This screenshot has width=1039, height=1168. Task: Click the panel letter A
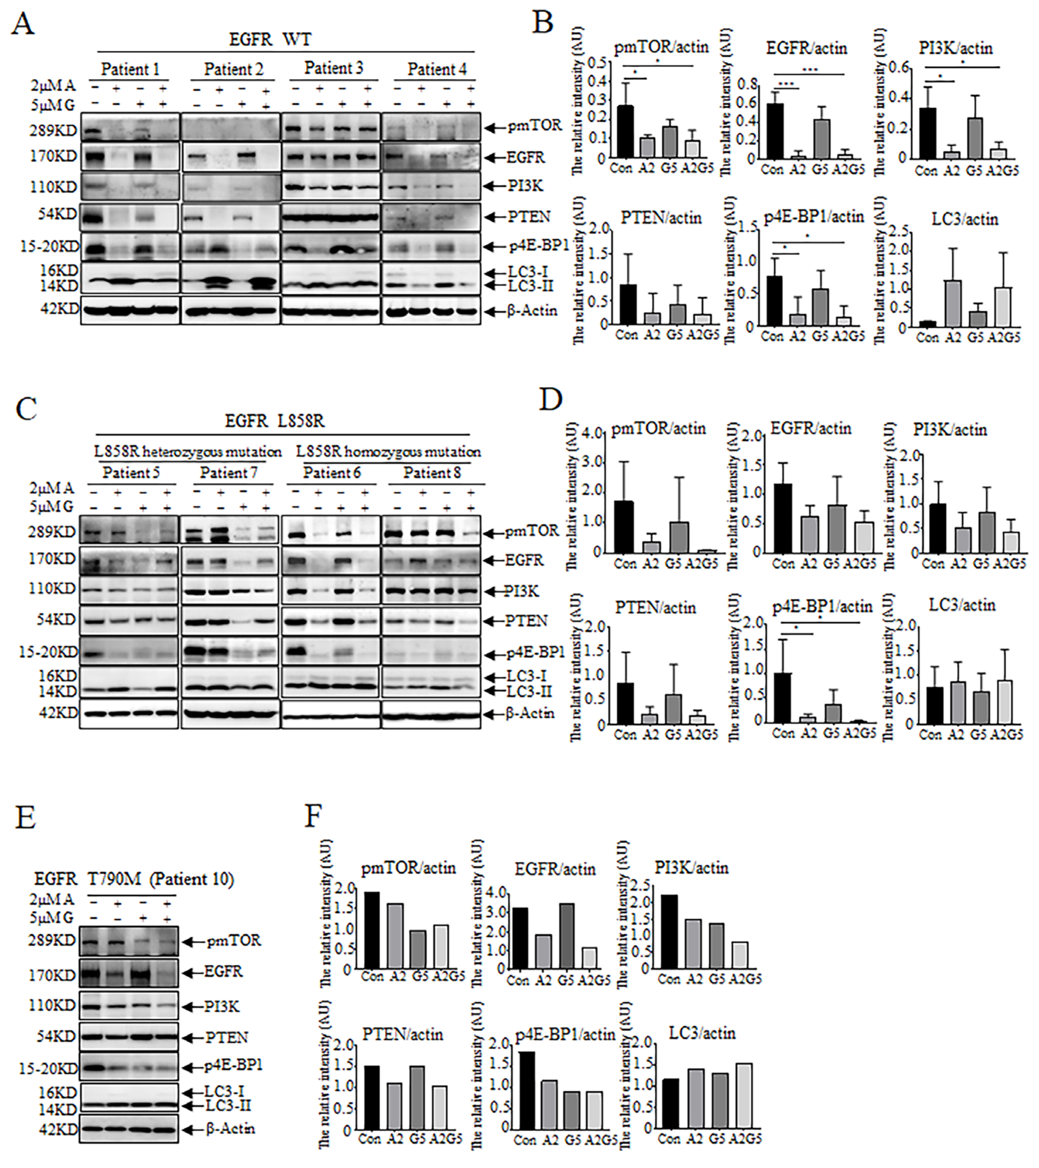point(22,24)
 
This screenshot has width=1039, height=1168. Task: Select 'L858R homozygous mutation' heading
point(389,452)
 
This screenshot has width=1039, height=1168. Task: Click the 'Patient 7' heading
point(228,473)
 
